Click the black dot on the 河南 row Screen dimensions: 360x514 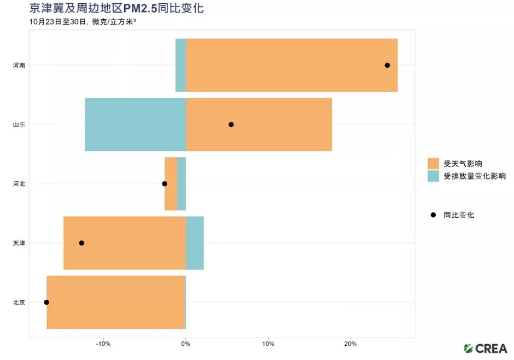pyautogui.click(x=387, y=65)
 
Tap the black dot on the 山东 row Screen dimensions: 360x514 pyautogui.click(x=231, y=125)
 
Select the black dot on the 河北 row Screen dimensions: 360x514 pyautogui.click(x=165, y=184)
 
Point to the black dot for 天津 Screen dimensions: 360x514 pyautogui.click(x=81, y=243)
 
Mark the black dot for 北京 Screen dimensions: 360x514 pyautogui.click(x=46, y=302)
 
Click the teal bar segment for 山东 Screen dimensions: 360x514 pyautogui.click(x=135, y=125)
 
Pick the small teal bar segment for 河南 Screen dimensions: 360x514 pyautogui.click(x=180, y=65)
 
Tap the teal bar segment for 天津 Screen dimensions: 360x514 pyautogui.click(x=195, y=243)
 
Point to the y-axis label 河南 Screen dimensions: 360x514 pyautogui.click(x=19, y=65)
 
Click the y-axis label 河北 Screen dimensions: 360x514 pyautogui.click(x=19, y=184)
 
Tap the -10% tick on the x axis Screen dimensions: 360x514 pyautogui.click(x=103, y=344)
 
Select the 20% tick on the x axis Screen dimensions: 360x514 pyautogui.click(x=351, y=344)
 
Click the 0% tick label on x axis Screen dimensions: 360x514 pyautogui.click(x=186, y=344)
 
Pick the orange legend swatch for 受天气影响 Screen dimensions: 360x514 pyautogui.click(x=433, y=164)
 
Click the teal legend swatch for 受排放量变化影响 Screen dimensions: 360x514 pyautogui.click(x=433, y=176)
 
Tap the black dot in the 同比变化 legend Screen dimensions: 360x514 pyautogui.click(x=433, y=215)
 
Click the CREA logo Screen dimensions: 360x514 pyautogui.click(x=485, y=348)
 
